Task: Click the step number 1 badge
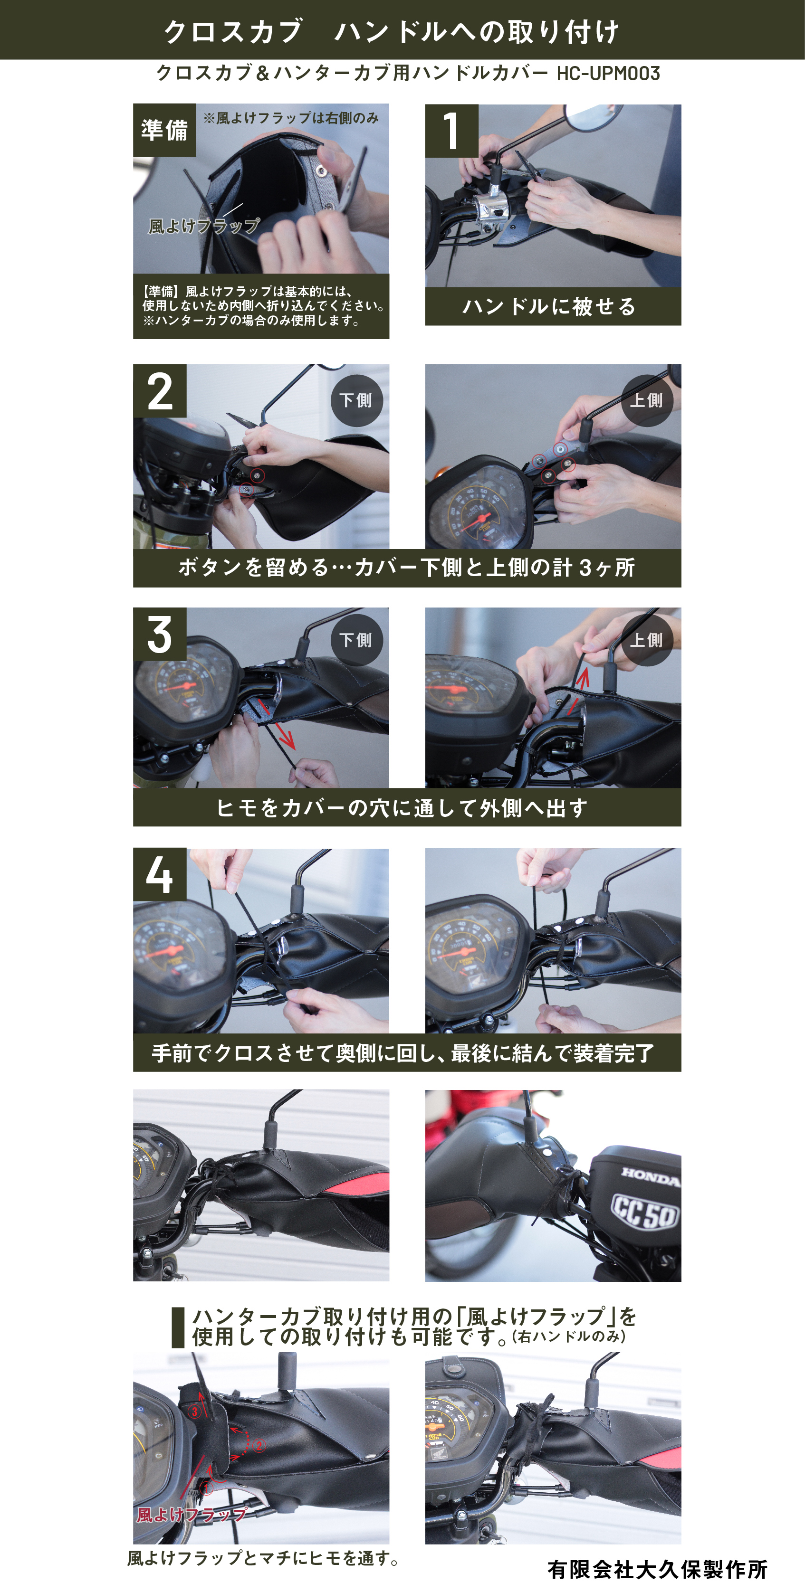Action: [x=451, y=131]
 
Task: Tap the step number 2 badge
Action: [x=160, y=391]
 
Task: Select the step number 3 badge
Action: [x=160, y=634]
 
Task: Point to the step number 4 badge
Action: [x=160, y=874]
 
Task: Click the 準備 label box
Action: [x=164, y=130]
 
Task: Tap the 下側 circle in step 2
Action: [x=357, y=400]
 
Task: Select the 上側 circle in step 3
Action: [x=647, y=640]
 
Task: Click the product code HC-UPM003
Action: [x=608, y=74]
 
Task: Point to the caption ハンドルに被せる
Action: [x=549, y=306]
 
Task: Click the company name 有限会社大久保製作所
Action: [x=657, y=1570]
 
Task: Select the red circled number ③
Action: [x=195, y=1412]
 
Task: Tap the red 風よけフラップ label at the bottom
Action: [x=192, y=1515]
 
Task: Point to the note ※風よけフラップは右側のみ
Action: [x=291, y=118]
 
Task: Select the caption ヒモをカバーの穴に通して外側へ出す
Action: [x=402, y=808]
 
